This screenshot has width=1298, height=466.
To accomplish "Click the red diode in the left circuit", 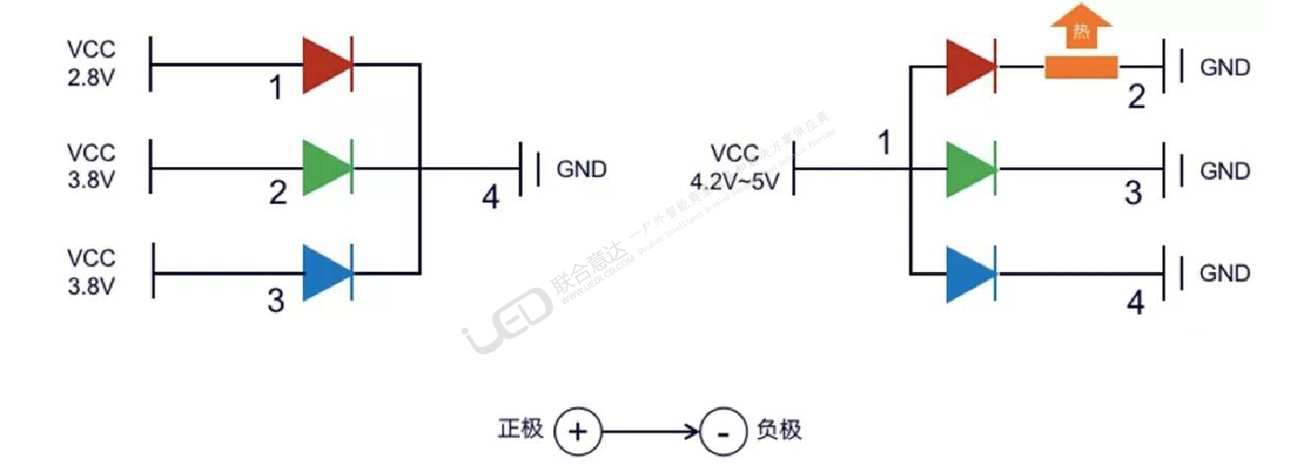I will [x=325, y=65].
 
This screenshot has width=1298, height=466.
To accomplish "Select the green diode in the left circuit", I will [x=325, y=167].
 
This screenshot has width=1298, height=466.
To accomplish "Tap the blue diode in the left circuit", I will [x=325, y=272].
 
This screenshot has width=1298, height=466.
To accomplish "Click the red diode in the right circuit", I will [x=969, y=67].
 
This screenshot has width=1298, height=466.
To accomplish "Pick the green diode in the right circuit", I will [x=969, y=169].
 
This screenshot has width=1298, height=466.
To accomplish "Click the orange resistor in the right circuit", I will [x=1081, y=68].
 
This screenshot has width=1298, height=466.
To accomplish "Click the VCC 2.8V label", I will [x=91, y=63].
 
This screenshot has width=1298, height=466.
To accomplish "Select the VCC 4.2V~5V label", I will [x=735, y=168].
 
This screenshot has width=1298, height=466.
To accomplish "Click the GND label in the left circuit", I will [x=581, y=169].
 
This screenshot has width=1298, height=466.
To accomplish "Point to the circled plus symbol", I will [x=577, y=432].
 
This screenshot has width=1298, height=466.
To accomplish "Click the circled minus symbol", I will [x=724, y=433].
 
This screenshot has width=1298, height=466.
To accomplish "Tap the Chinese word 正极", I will [x=520, y=430].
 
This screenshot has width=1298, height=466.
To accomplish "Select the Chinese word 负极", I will [x=779, y=430].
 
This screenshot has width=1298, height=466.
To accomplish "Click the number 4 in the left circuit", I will [x=490, y=197].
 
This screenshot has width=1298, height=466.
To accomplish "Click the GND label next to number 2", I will [x=1224, y=68].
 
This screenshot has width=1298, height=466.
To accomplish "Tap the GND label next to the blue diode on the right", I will [x=1224, y=273].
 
